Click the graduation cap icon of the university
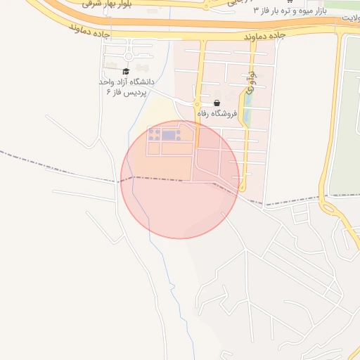(126, 71)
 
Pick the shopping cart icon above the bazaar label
(290, 2)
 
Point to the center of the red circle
(180, 179)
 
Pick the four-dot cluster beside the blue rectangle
(155, 133)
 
